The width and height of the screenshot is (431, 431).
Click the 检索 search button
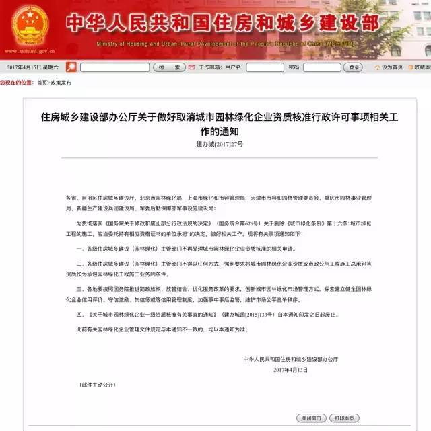coord(169,67)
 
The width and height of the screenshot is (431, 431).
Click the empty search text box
coord(114,67)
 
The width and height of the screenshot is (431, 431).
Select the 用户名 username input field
coord(265,67)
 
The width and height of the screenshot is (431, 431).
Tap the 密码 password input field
coord(321,67)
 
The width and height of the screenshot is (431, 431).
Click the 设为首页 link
coord(392,67)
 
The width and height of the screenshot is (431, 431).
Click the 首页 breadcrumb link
coord(42,82)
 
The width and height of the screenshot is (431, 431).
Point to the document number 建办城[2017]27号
coord(220,144)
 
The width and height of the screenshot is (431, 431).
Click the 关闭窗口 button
coord(312,418)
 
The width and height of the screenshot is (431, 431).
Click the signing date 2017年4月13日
coord(291,370)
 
